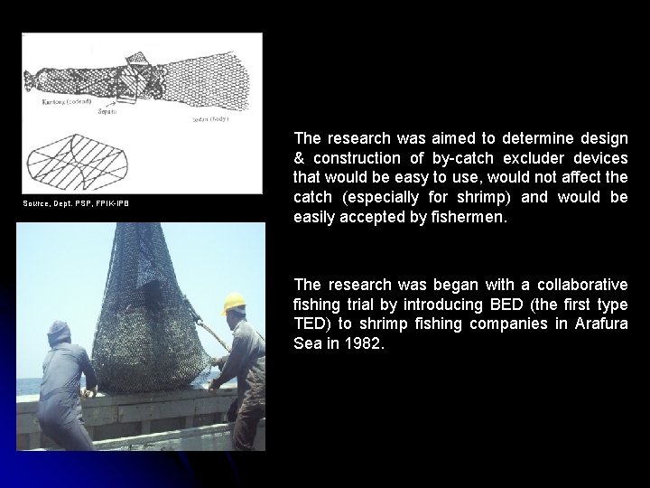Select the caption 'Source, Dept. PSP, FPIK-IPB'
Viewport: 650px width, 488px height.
(76, 203)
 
